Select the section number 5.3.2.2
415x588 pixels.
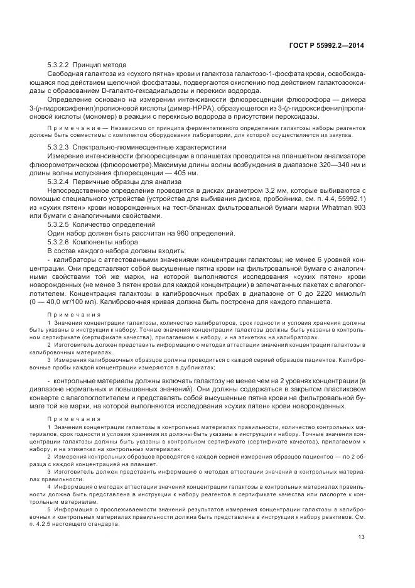[x=58, y=65]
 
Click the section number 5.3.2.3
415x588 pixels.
[x=58, y=147]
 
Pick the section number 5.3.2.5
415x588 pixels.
[x=58, y=225]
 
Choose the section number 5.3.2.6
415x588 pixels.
[x=58, y=241]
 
